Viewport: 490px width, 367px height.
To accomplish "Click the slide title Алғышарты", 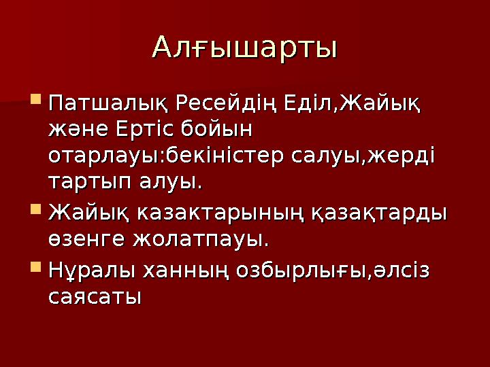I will click(245, 48).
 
